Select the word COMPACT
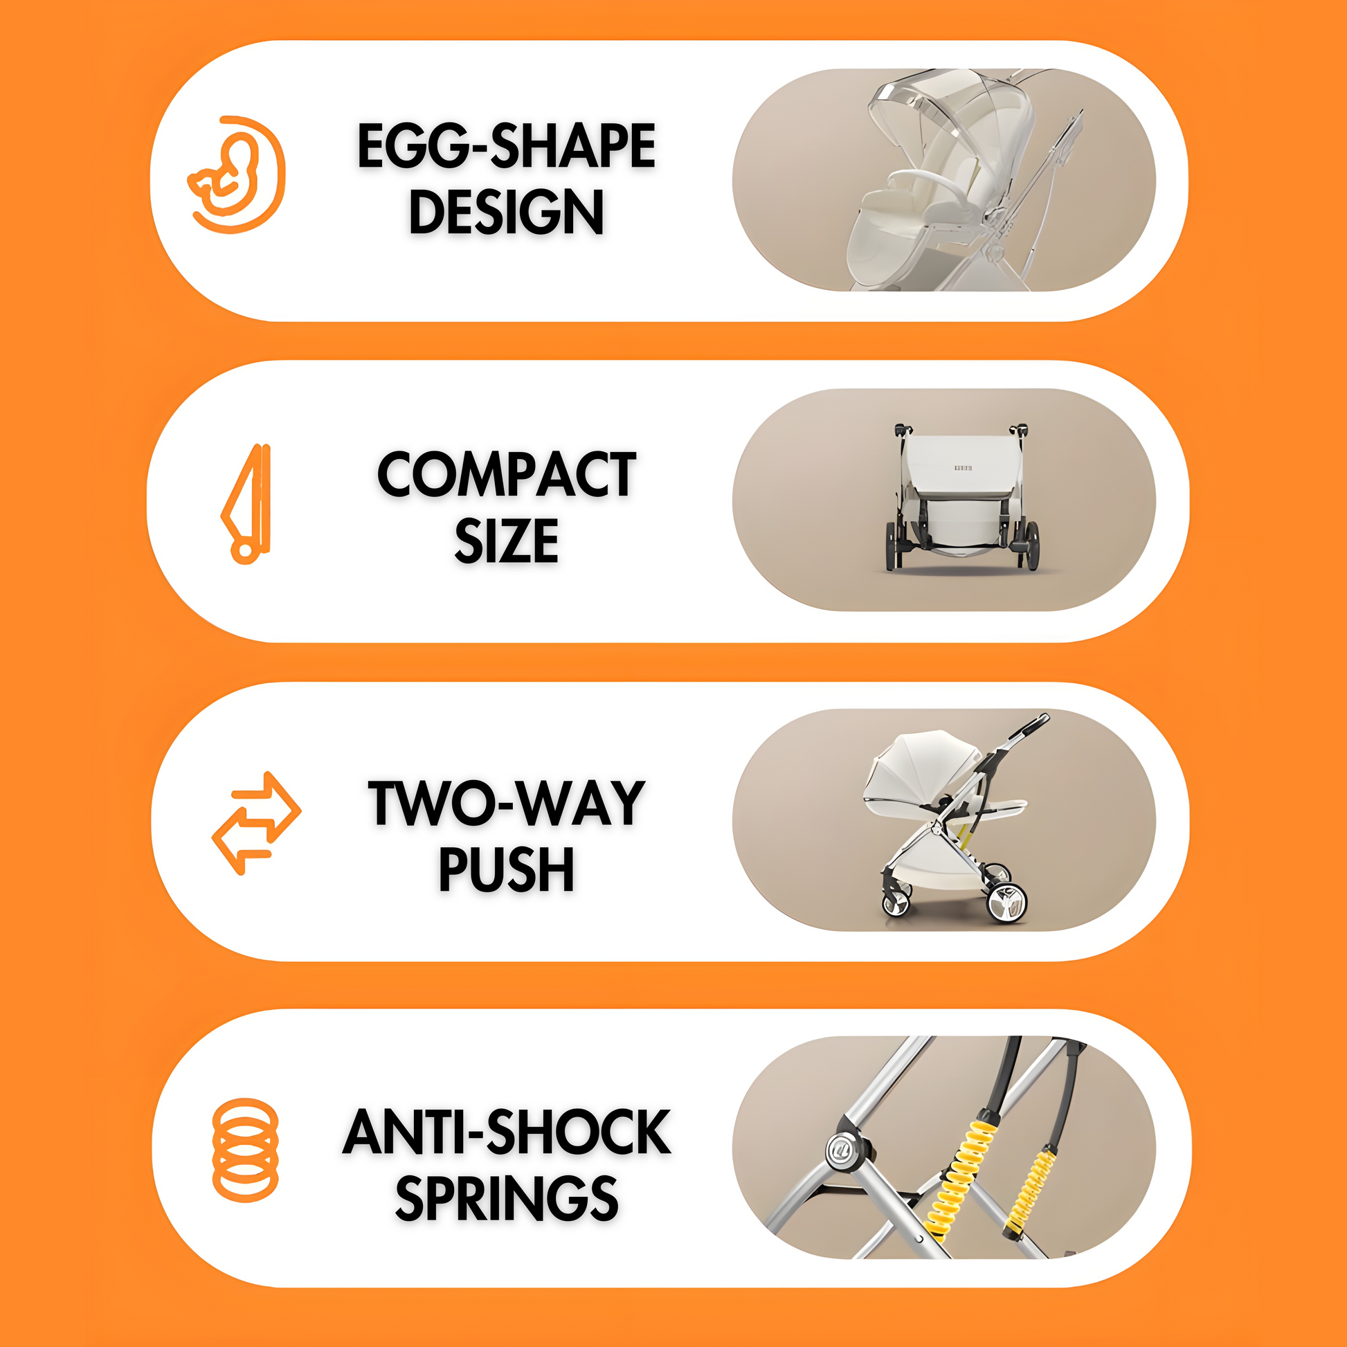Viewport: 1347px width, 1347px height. pyautogui.click(x=507, y=474)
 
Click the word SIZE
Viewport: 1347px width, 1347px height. pyautogui.click(x=507, y=541)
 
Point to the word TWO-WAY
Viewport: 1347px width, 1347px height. pyautogui.click(x=507, y=803)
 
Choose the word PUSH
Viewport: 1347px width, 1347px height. pyautogui.click(x=507, y=869)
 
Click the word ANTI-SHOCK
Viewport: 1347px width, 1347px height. pyautogui.click(x=507, y=1132)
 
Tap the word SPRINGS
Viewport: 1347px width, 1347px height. pyautogui.click(x=507, y=1198)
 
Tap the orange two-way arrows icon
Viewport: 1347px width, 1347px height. pyautogui.click(x=256, y=823)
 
